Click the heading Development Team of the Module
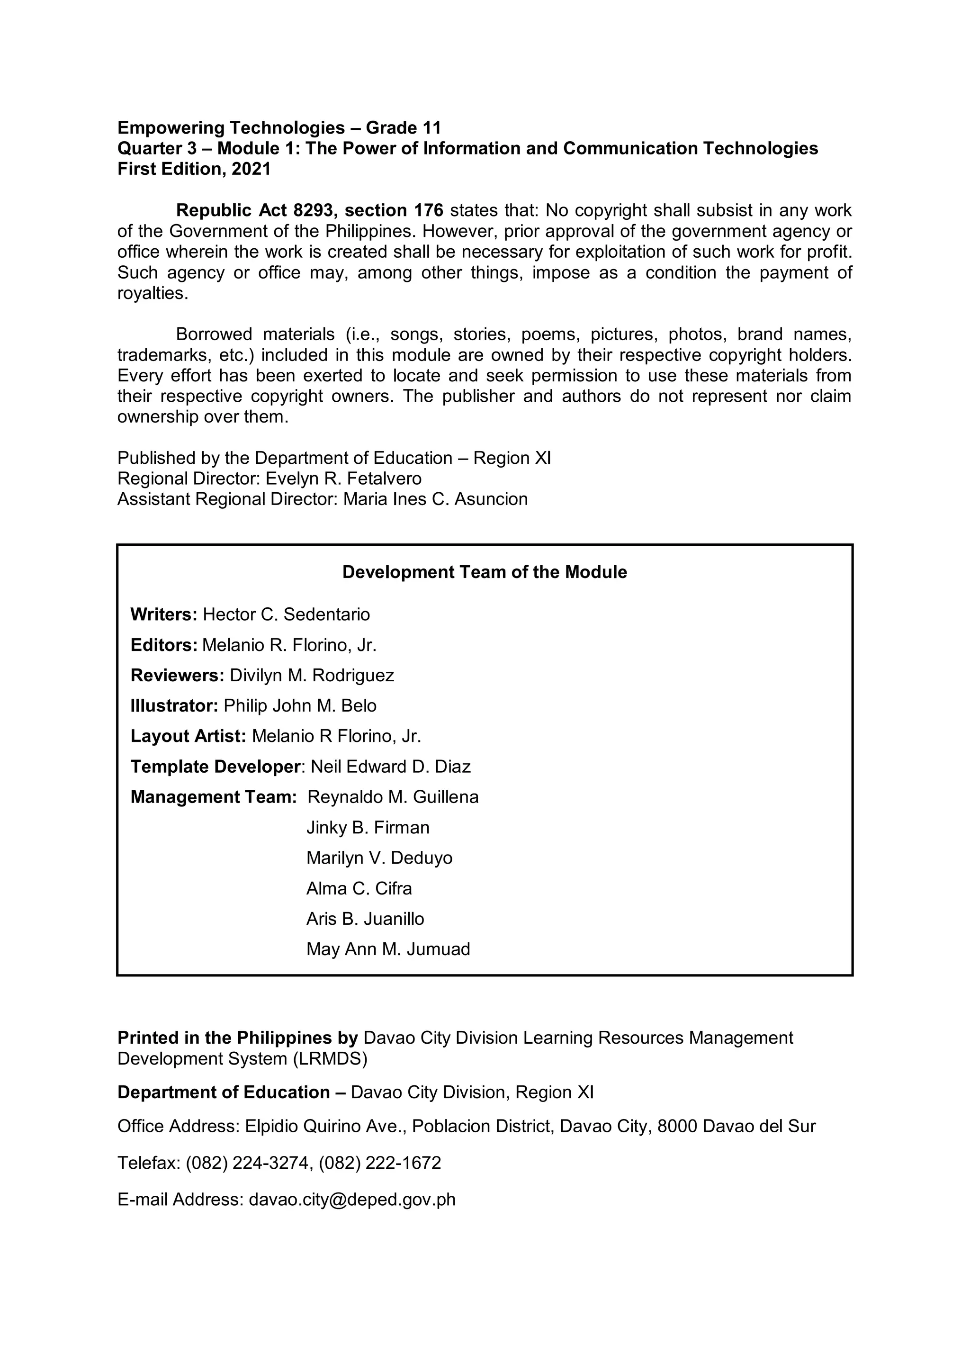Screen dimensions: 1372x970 (x=485, y=572)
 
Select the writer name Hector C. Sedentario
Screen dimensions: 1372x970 (x=286, y=614)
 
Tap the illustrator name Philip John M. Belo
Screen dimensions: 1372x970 (x=300, y=706)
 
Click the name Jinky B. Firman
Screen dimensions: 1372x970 (x=368, y=828)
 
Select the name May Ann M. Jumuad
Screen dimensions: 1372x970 (x=388, y=949)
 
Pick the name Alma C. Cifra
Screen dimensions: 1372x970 (x=359, y=889)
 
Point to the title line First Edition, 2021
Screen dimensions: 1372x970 (x=194, y=169)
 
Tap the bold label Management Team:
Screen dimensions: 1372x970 (x=214, y=797)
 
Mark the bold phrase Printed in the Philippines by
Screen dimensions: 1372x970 (x=238, y=1038)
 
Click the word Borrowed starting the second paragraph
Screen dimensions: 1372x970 (x=213, y=334)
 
